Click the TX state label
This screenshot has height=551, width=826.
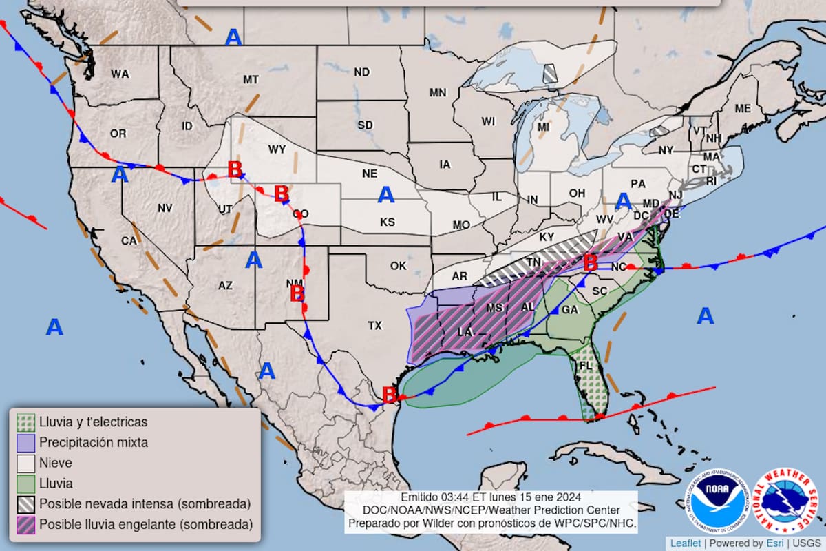(x=374, y=325)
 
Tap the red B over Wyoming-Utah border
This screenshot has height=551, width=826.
(x=235, y=169)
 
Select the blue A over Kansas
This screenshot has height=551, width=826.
(x=386, y=196)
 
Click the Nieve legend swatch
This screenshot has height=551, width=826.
(x=26, y=463)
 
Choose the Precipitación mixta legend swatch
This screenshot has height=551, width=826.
(x=26, y=442)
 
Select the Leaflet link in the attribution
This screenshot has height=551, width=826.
(x=686, y=543)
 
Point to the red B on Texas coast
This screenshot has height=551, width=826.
(x=389, y=395)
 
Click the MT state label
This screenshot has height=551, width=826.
(x=251, y=80)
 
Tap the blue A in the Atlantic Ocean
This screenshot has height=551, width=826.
(x=706, y=316)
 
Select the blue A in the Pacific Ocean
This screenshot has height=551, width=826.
(x=54, y=328)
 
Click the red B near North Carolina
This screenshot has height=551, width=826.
(x=590, y=262)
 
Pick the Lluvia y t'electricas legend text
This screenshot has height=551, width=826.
(x=93, y=422)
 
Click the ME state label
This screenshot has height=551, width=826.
(x=743, y=108)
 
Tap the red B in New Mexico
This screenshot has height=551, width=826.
(x=297, y=294)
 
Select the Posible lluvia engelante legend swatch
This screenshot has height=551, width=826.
(x=26, y=525)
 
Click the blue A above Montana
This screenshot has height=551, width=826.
(x=234, y=37)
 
